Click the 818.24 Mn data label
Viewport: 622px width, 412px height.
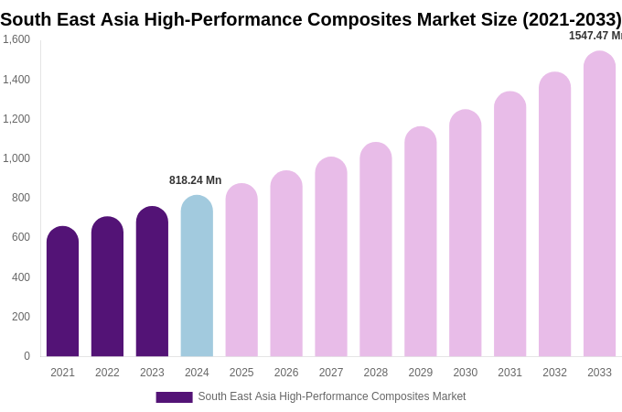pos(195,180)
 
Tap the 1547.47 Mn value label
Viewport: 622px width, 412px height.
pos(595,36)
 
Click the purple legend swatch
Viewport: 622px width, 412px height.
pos(174,397)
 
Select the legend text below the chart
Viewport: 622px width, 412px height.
pos(331,396)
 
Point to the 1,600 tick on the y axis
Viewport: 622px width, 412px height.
pos(16,39)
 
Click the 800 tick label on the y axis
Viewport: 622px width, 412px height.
pos(21,198)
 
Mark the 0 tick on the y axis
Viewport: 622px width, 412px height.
pos(27,356)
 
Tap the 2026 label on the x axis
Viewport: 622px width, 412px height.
pos(286,373)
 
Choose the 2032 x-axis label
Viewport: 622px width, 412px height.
pos(554,373)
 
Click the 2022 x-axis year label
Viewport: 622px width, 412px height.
pos(107,373)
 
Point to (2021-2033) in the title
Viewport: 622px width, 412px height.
pos(571,19)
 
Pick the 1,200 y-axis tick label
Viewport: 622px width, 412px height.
pos(16,119)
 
